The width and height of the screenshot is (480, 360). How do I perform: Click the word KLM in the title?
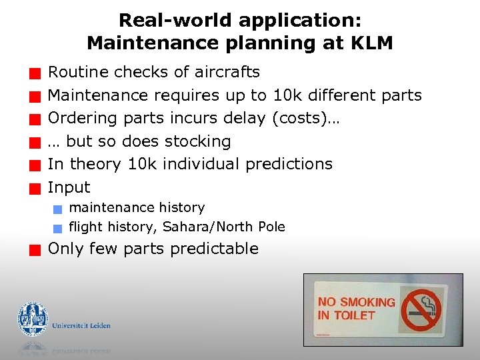[x=371, y=44]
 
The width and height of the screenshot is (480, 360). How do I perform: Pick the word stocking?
[x=198, y=141]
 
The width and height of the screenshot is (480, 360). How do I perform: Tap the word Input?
[x=69, y=187]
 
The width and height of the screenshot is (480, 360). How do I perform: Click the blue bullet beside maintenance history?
[x=58, y=209]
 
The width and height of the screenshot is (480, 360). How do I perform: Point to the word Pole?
[x=271, y=227]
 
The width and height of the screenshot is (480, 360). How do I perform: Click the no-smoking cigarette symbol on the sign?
[x=421, y=310]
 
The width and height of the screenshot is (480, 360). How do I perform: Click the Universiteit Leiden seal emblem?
[x=33, y=319]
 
